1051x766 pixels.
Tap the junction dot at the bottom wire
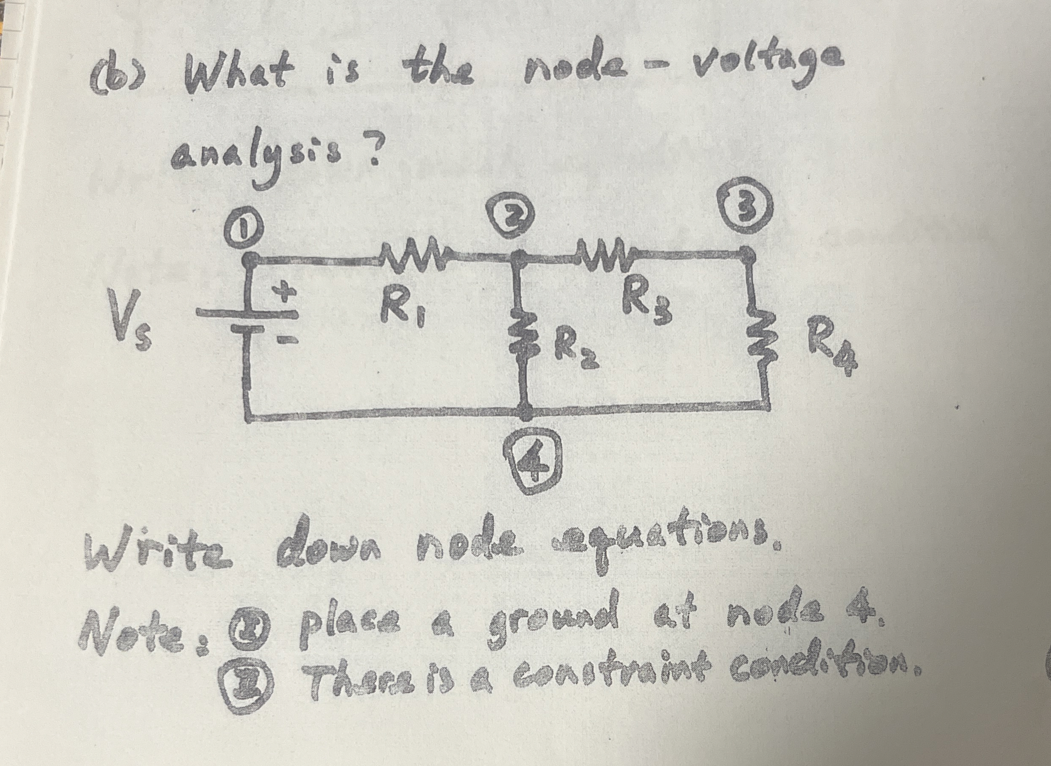pyautogui.click(x=525, y=410)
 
